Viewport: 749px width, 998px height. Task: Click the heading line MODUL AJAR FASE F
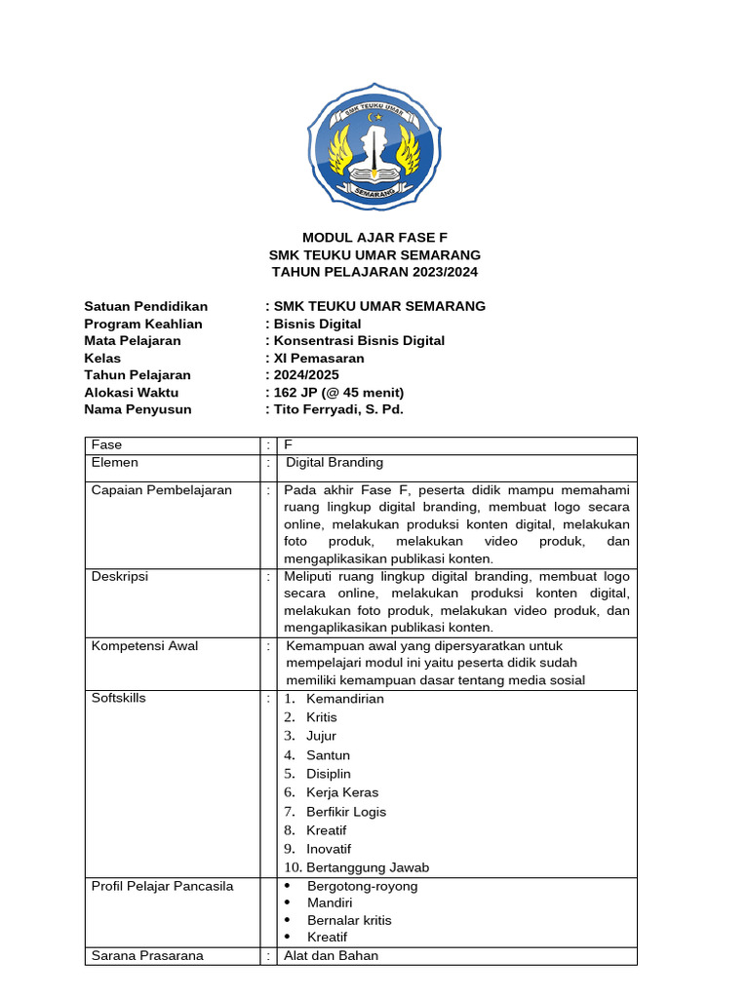pyautogui.click(x=374, y=237)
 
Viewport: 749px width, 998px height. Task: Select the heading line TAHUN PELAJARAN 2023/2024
pyautogui.click(x=374, y=272)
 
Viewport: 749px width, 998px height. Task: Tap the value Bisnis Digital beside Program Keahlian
pyautogui.click(x=317, y=324)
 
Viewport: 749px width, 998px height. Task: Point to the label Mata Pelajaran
pyautogui.click(x=133, y=341)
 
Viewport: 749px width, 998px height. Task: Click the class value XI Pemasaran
pyautogui.click(x=319, y=358)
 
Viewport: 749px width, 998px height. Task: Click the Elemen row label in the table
pyautogui.click(x=115, y=463)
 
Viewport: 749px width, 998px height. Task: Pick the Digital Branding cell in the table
pyautogui.click(x=334, y=463)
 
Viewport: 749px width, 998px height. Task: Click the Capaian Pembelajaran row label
pyautogui.click(x=162, y=490)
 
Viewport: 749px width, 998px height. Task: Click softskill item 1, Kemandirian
pyautogui.click(x=344, y=699)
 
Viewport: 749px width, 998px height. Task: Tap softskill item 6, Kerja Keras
pyautogui.click(x=341, y=792)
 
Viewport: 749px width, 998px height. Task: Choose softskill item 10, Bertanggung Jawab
pyautogui.click(x=367, y=867)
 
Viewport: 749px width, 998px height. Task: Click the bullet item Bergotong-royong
pyautogui.click(x=362, y=886)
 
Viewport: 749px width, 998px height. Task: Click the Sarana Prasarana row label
pyautogui.click(x=147, y=955)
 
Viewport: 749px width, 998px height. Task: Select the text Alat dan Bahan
pyautogui.click(x=331, y=955)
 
